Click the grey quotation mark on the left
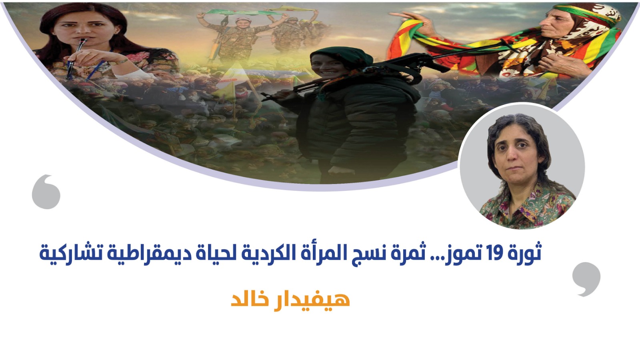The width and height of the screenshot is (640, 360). click(46, 192)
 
